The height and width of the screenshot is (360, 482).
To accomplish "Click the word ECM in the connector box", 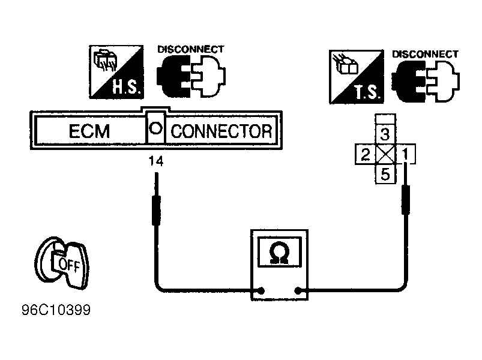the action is [x=89, y=131].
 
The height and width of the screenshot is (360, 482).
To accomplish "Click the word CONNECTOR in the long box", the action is [x=221, y=131].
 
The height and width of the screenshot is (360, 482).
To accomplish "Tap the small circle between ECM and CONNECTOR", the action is [x=155, y=128].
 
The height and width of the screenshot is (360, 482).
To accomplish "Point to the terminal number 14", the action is [x=156, y=161].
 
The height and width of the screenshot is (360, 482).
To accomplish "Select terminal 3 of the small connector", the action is [x=385, y=134].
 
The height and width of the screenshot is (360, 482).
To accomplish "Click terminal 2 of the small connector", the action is [x=365, y=154].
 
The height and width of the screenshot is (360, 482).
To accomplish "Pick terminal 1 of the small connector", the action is [x=405, y=154].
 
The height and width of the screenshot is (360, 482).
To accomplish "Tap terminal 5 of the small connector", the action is [x=385, y=174].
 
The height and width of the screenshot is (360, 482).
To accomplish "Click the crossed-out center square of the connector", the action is [x=385, y=154].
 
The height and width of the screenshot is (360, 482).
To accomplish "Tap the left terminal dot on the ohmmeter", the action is [x=262, y=290].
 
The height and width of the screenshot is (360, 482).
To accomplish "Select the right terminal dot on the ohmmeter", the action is [x=298, y=290].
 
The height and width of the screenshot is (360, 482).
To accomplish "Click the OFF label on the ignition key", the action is [x=69, y=265].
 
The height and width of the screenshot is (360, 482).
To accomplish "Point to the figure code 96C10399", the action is [x=56, y=310].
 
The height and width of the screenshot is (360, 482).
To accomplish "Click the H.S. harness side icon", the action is [x=116, y=72].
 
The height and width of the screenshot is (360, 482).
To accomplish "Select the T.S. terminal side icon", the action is [x=357, y=77].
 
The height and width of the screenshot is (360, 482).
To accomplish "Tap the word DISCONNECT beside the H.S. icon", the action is [x=191, y=49].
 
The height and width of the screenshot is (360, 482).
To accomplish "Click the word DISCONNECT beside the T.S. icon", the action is [x=426, y=54].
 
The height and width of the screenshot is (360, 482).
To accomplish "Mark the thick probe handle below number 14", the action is [x=157, y=211].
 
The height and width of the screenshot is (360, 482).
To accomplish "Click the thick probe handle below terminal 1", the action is [x=406, y=200].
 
